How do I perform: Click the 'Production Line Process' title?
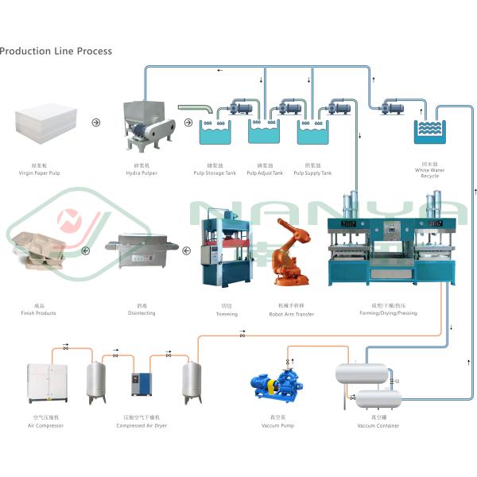coord(56,51)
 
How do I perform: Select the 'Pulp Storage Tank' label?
coord(215,173)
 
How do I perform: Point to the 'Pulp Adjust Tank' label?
coord(266,173)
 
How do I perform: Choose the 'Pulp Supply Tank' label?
coord(314,173)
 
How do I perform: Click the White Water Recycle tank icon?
coord(429,130)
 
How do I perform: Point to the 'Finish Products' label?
coord(39,312)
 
